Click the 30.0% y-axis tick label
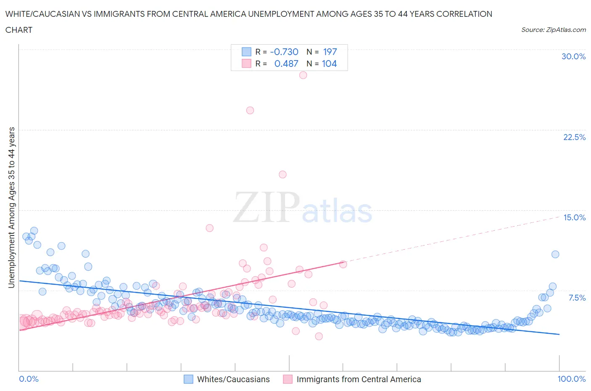573,56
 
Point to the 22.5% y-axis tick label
574,137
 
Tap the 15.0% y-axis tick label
574,217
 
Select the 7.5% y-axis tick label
577,298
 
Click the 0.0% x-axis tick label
29,379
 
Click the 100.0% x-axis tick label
571,379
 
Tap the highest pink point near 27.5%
303,75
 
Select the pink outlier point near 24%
250,111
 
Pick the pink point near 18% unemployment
282,174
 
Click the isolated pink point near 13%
210,228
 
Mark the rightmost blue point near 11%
555,254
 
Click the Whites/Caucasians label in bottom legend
233,379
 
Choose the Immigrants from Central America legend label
359,379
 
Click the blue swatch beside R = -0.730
246,52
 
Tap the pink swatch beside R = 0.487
246,63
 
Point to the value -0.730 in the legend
284,52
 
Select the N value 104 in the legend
329,63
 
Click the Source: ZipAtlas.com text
553,30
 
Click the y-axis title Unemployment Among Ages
11,207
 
